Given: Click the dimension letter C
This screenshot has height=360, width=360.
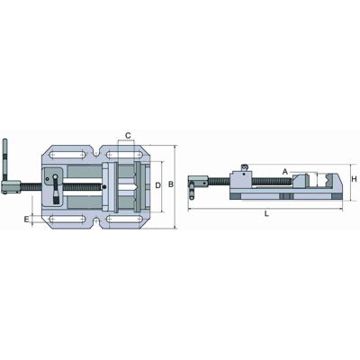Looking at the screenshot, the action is (x=128, y=136).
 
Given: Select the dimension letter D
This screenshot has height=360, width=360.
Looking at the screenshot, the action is (x=158, y=185).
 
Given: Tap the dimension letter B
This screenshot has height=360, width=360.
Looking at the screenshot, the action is (x=171, y=184).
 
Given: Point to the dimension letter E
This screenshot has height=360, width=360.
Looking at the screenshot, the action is (x=27, y=220).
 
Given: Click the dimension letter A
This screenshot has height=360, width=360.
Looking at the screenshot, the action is (x=285, y=172).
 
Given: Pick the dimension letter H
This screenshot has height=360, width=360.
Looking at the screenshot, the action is (x=354, y=179).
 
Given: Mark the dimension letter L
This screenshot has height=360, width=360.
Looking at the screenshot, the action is (x=266, y=214).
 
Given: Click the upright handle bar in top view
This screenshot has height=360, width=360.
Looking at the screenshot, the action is (x=4, y=159).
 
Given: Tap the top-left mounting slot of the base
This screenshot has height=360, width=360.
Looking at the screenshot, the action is (x=67, y=155).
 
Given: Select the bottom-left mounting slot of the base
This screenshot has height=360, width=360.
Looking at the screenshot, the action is (x=67, y=219).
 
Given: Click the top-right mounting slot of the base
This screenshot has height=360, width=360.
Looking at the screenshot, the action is (x=124, y=155).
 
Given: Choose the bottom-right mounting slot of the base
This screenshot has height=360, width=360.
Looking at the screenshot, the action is (x=124, y=219).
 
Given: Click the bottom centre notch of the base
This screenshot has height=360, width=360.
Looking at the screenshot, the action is (x=96, y=222).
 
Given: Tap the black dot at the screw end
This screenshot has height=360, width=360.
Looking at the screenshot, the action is (x=104, y=187).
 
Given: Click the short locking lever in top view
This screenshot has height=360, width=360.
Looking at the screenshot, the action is (x=56, y=190).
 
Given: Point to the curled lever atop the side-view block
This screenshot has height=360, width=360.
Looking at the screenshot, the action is (x=244, y=166).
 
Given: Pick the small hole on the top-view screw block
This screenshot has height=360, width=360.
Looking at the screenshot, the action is (x=47, y=179).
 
